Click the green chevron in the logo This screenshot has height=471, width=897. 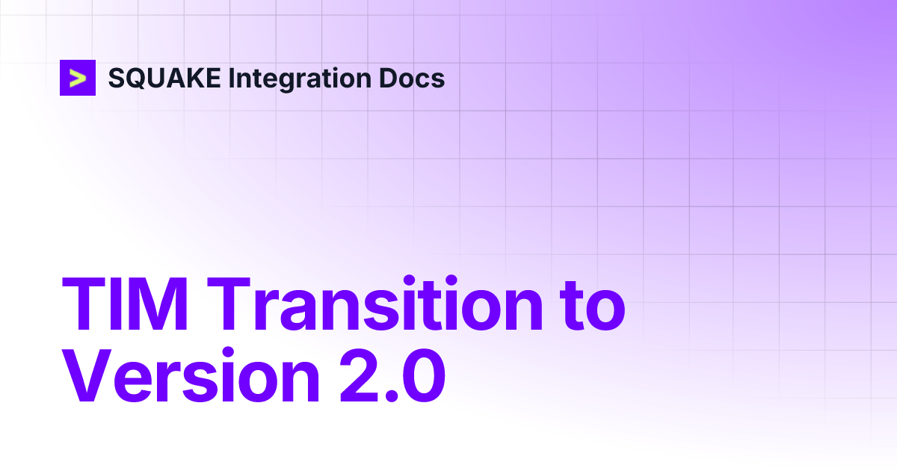[78, 78]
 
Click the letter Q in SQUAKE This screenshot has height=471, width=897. [138, 78]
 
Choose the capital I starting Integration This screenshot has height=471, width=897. [232, 78]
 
